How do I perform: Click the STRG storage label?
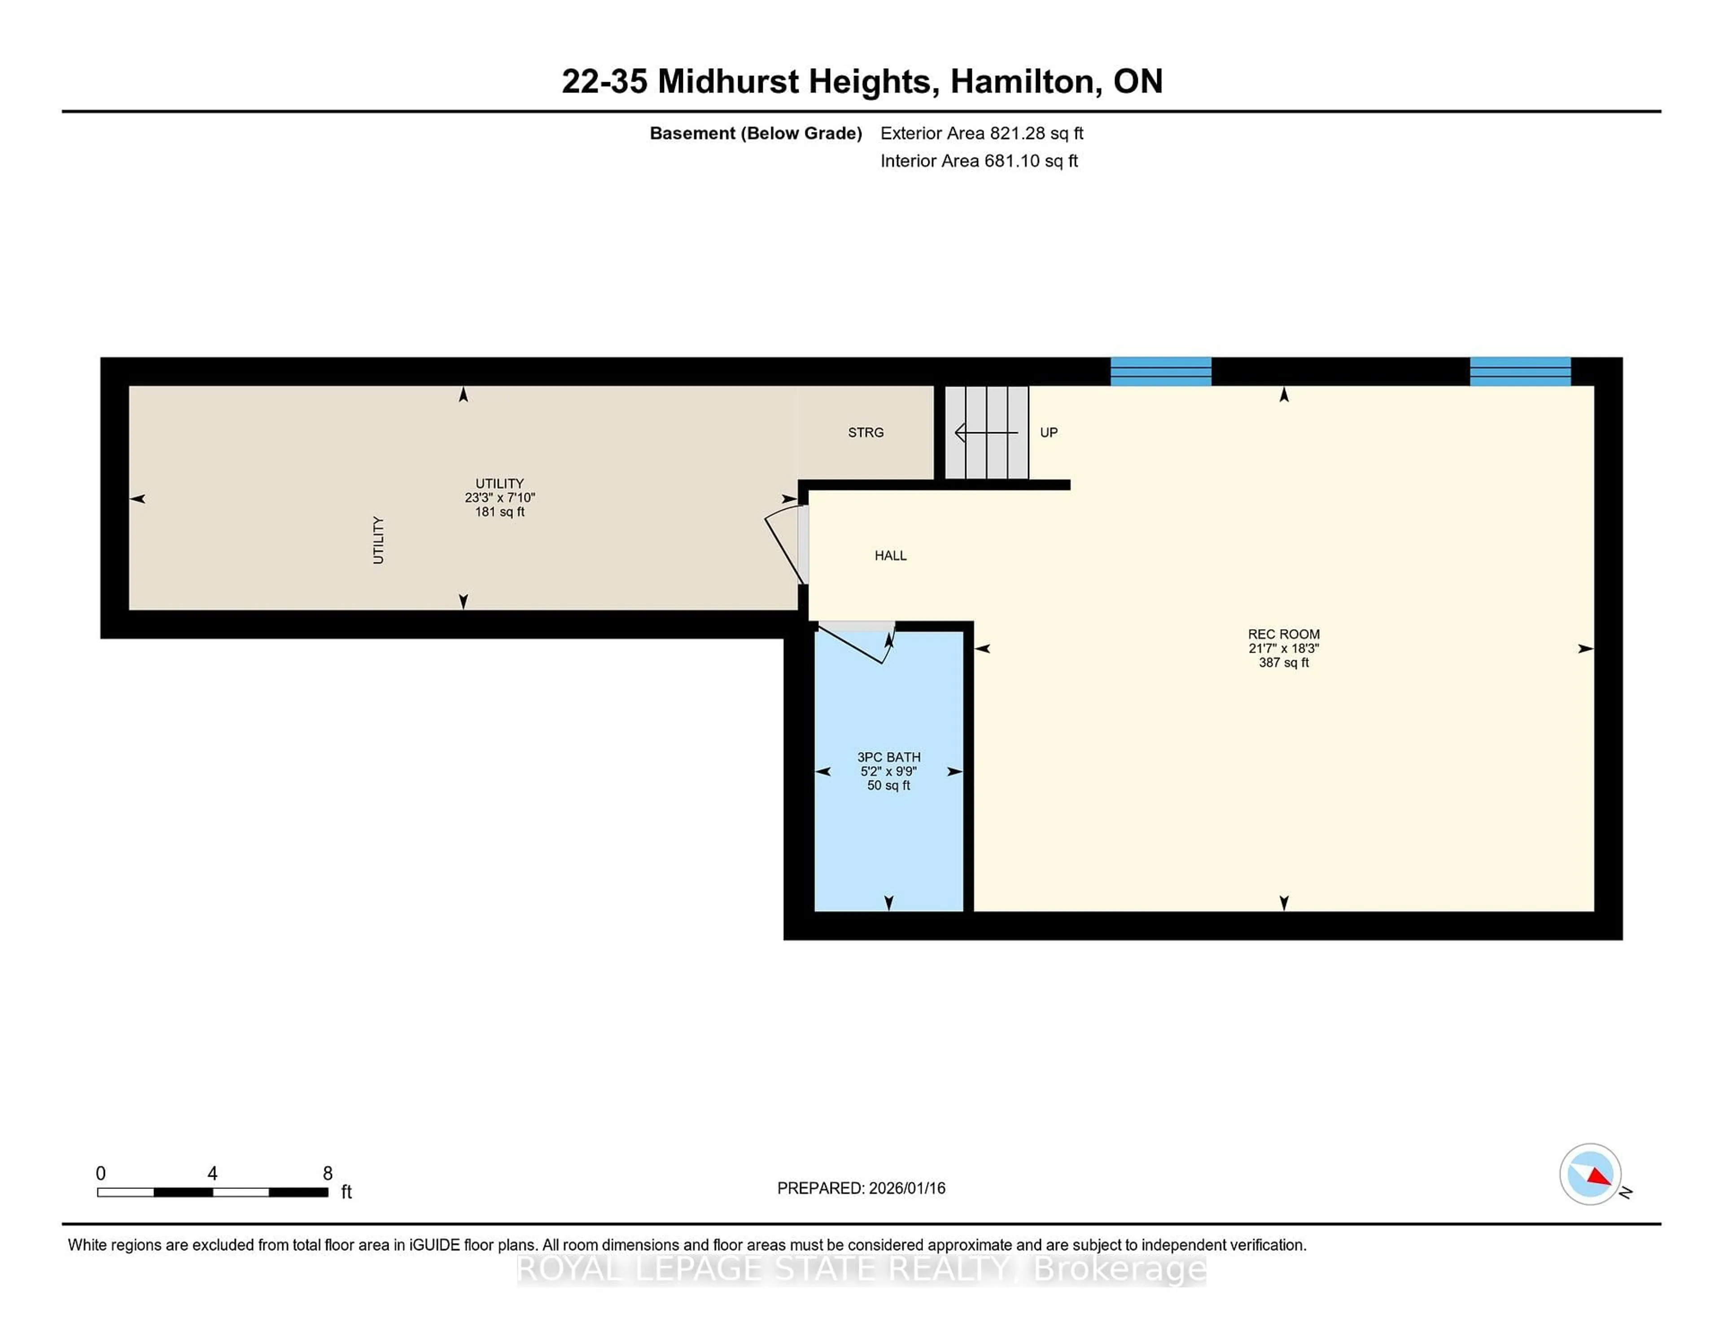click(866, 433)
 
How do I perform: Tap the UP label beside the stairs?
click(1049, 433)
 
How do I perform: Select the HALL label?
click(890, 556)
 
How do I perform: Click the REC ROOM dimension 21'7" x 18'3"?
click(1284, 648)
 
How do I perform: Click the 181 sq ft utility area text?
click(499, 512)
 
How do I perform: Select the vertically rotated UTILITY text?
click(378, 540)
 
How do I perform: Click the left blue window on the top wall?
click(1160, 372)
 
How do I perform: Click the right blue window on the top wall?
click(1519, 372)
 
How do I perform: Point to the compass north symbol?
click(1591, 1174)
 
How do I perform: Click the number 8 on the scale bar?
click(328, 1174)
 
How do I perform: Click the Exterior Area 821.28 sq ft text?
click(981, 133)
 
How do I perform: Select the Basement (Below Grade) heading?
click(755, 133)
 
